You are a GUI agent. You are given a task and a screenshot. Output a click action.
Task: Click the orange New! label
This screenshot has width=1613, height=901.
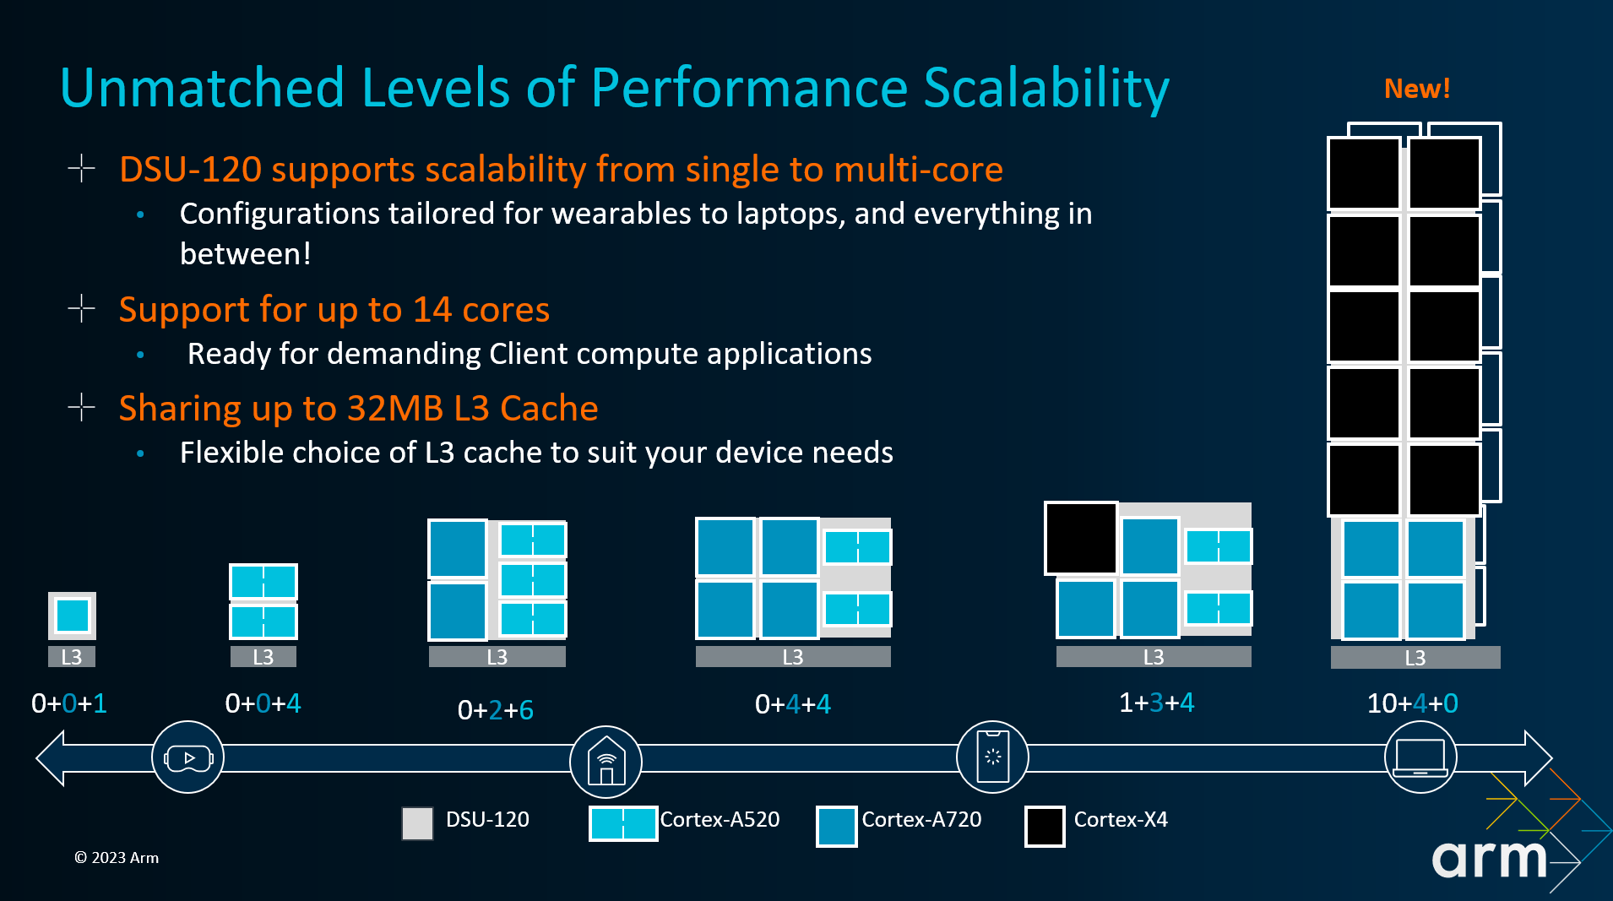1416,89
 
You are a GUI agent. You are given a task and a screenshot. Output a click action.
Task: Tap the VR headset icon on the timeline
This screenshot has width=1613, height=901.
187,757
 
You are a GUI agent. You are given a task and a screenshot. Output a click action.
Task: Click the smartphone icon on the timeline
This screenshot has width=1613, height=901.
992,757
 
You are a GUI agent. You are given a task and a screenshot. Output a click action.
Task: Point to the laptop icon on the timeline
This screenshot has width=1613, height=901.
1420,757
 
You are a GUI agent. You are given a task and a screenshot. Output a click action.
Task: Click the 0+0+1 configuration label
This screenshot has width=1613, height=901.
69,703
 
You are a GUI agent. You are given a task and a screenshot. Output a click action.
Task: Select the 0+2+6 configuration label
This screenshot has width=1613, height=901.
495,710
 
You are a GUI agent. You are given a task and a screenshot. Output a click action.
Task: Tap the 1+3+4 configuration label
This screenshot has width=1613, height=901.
1156,703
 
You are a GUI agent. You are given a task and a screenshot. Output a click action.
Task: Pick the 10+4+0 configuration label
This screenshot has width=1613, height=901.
1412,703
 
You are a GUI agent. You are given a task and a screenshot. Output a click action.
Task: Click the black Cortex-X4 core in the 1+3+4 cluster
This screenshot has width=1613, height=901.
1081,539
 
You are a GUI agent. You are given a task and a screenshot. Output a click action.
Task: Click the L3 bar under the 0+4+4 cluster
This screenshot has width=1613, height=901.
793,657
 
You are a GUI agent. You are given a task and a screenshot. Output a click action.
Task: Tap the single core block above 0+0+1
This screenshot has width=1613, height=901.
72,615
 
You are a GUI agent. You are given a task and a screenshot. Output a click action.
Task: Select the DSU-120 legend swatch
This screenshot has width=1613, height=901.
417,822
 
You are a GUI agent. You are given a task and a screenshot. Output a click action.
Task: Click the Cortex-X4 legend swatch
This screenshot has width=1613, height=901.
1045,826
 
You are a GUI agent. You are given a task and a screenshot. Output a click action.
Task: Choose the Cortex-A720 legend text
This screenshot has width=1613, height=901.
921,819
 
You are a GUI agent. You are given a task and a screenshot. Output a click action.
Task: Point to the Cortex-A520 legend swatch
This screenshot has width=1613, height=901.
623,823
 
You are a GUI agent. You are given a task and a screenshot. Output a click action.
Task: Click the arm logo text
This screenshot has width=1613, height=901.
1488,860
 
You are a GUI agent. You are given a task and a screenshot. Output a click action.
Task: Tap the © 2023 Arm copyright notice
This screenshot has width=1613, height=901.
117,858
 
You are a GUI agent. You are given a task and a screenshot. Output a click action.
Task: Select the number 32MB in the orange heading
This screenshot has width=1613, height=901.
394,409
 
